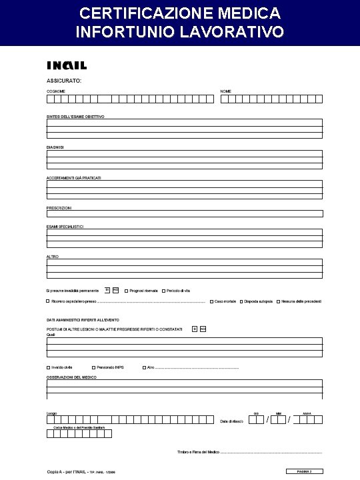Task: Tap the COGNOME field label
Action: click(x=56, y=91)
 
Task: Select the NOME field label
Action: click(x=227, y=91)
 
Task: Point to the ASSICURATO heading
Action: click(x=64, y=80)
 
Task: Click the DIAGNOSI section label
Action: click(x=55, y=147)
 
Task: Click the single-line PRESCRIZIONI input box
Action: click(x=184, y=214)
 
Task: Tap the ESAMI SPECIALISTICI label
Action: click(x=65, y=227)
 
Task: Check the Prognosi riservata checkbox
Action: click(x=127, y=291)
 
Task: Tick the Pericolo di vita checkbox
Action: click(x=164, y=291)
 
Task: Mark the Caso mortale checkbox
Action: click(x=212, y=301)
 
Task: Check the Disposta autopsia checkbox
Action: click(x=241, y=301)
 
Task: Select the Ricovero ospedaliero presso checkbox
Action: click(x=48, y=301)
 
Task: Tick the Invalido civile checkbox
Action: click(x=48, y=367)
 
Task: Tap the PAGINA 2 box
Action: click(x=305, y=472)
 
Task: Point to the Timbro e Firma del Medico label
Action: click(x=198, y=453)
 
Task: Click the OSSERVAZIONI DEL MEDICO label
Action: click(x=71, y=377)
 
